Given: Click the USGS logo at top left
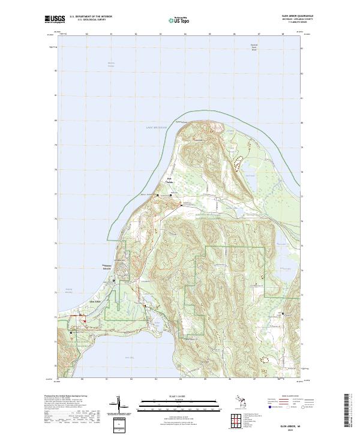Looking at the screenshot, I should [x=55, y=19].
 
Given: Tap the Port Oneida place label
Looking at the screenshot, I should [x=170, y=181].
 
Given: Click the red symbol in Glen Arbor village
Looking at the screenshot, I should [x=85, y=320].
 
